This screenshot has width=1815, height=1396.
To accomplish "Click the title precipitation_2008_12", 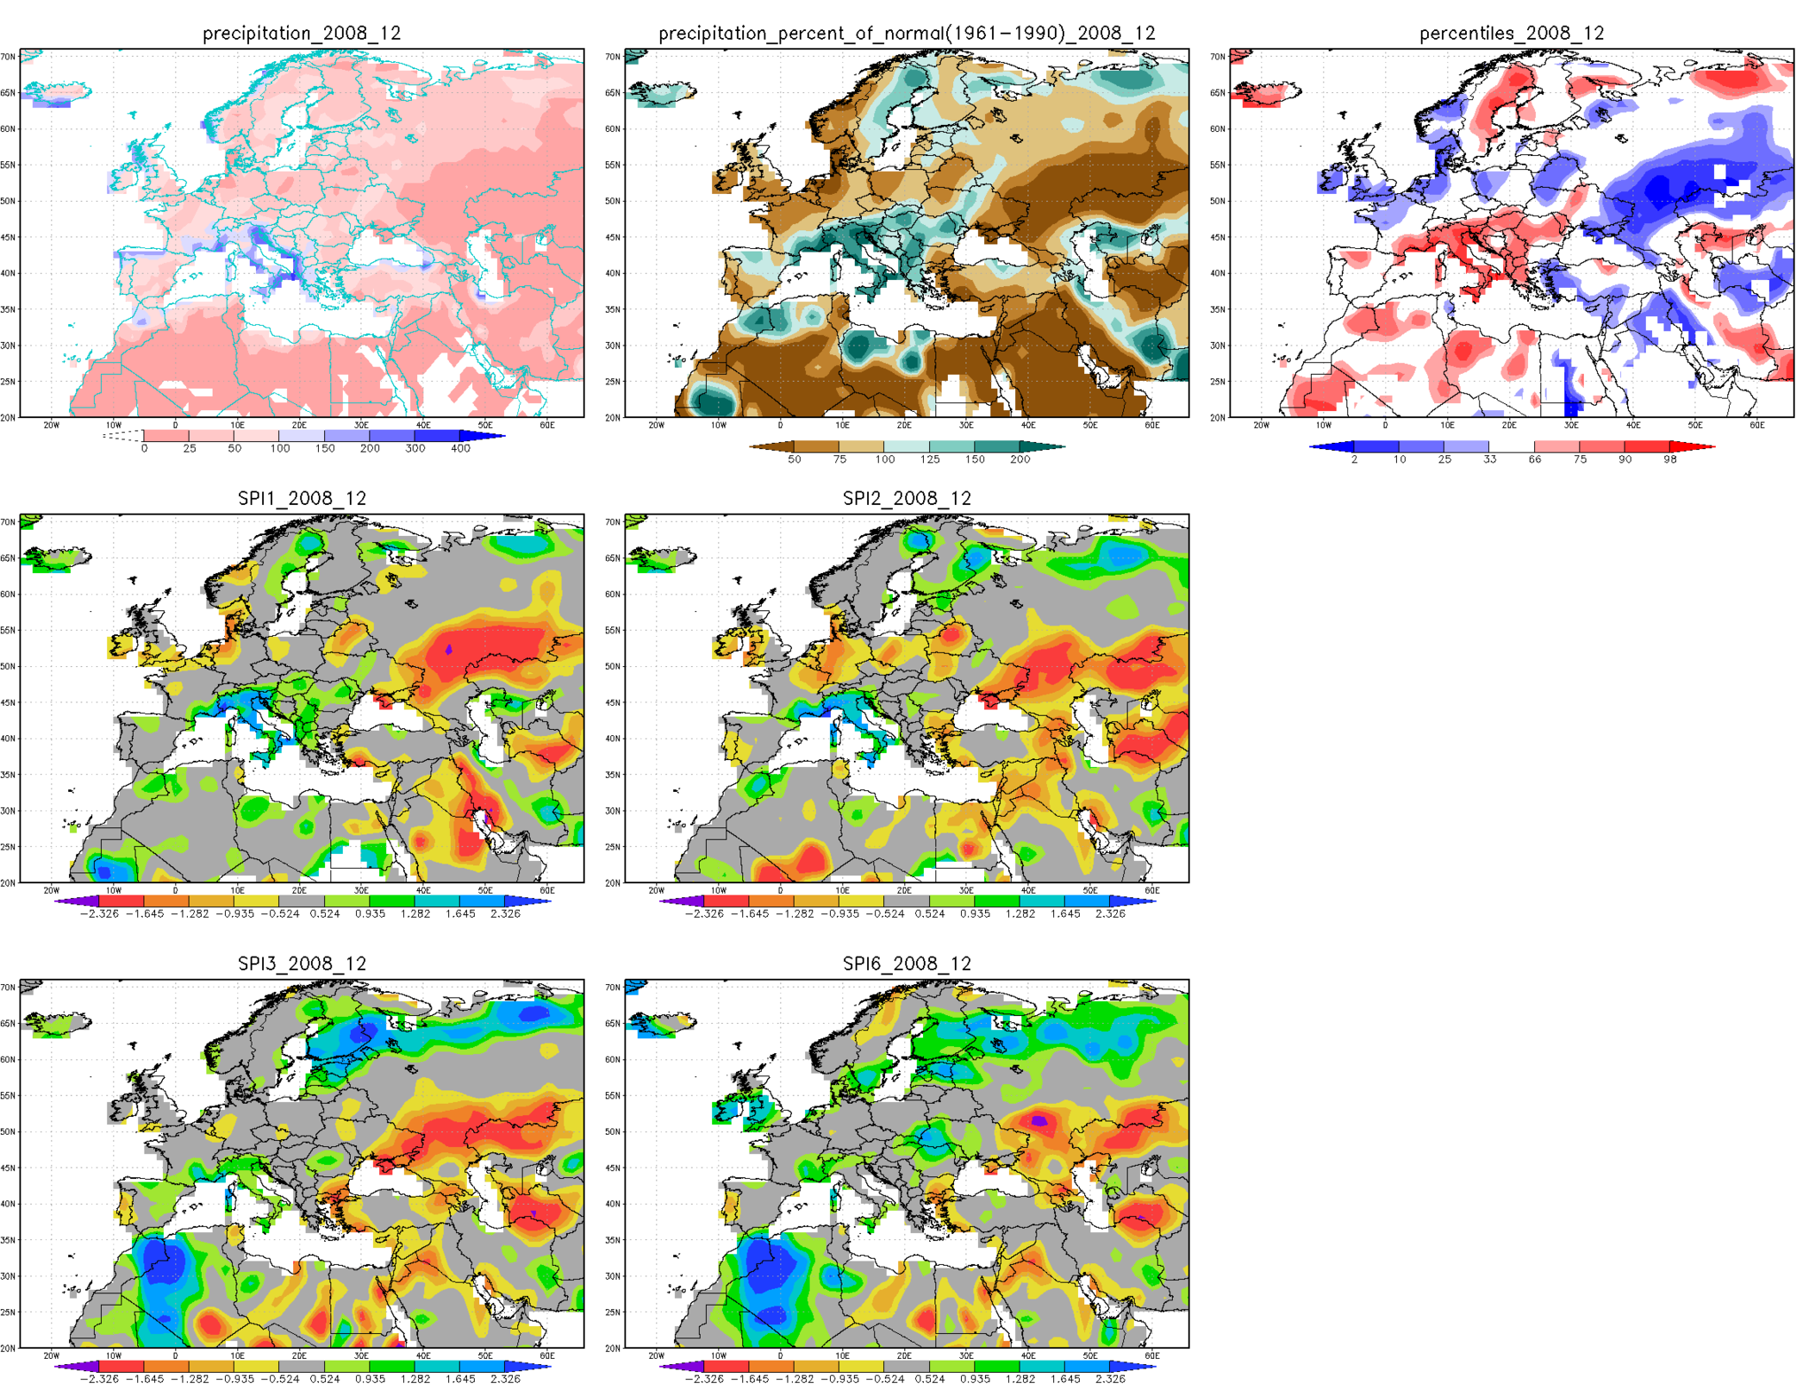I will [x=302, y=33].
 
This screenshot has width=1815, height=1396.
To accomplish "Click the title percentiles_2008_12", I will [x=1511, y=33].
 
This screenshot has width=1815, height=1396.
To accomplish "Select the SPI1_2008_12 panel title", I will [x=302, y=498].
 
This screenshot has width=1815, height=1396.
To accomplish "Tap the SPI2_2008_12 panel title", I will [x=907, y=498].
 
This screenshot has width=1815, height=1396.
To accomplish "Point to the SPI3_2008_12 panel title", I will [x=302, y=963].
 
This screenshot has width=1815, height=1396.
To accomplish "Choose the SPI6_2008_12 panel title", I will [x=907, y=963].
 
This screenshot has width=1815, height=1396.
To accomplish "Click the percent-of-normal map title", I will [x=907, y=33].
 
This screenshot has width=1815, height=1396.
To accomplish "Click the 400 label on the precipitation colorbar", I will [x=460, y=448].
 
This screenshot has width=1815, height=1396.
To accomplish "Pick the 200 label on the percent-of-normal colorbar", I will [x=1020, y=459].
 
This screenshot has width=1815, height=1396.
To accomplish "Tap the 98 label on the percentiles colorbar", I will [x=1669, y=459].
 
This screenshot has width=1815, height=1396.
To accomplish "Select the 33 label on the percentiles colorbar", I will [x=1489, y=459].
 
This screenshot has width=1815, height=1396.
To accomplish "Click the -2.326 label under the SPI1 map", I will [x=99, y=913].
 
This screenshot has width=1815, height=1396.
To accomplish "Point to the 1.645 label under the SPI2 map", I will [x=1065, y=913].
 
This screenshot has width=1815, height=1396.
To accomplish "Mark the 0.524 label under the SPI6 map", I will [x=930, y=1379].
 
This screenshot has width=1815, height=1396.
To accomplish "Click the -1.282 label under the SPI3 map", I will [x=190, y=1379].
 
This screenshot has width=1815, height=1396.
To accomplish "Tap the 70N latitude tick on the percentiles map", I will [x=1217, y=57].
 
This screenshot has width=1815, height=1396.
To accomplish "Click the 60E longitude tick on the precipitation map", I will [x=547, y=425].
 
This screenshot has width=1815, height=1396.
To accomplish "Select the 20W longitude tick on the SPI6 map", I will [x=656, y=1355].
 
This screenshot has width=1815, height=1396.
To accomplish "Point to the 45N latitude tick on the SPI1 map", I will [x=9, y=702].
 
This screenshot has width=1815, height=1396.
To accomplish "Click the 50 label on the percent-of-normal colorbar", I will [x=794, y=459].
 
